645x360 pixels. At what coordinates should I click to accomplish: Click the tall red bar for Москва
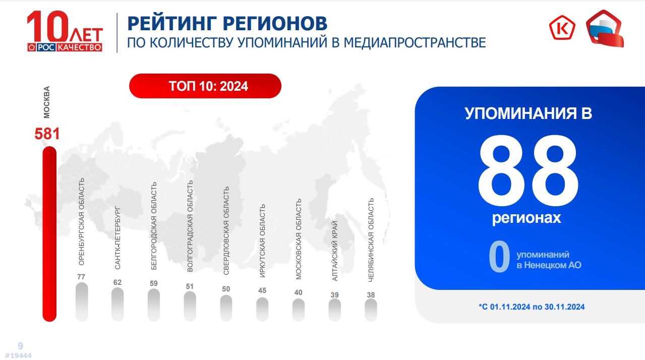(x=49, y=234)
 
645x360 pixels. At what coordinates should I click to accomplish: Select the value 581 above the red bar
(x=47, y=134)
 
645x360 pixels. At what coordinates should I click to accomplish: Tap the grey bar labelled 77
(x=82, y=302)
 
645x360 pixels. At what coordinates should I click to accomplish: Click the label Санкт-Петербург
(x=118, y=238)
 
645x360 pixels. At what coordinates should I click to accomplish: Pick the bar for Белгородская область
(x=154, y=305)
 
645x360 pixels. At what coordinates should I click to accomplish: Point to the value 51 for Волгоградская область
(x=190, y=286)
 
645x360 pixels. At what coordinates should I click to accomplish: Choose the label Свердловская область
(x=226, y=230)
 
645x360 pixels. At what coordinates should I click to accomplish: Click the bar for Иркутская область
(x=262, y=309)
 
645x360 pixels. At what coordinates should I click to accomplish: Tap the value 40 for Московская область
(x=299, y=292)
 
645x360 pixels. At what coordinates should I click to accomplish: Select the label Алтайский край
(x=334, y=251)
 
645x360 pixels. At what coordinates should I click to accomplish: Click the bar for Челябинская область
(x=371, y=310)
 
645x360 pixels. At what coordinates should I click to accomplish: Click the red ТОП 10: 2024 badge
(x=205, y=86)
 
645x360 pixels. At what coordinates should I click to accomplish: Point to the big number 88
(x=528, y=171)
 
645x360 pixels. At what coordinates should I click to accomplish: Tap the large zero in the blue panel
(x=499, y=256)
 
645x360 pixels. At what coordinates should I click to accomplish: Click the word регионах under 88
(x=526, y=218)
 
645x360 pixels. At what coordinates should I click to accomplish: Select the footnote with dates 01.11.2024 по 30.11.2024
(x=532, y=307)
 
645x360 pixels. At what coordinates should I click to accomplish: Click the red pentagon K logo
(x=562, y=28)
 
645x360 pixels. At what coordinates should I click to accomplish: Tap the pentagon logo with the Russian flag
(x=605, y=28)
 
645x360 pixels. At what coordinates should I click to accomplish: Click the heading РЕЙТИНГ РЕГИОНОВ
(x=227, y=23)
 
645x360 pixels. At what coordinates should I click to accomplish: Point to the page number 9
(x=20, y=345)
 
